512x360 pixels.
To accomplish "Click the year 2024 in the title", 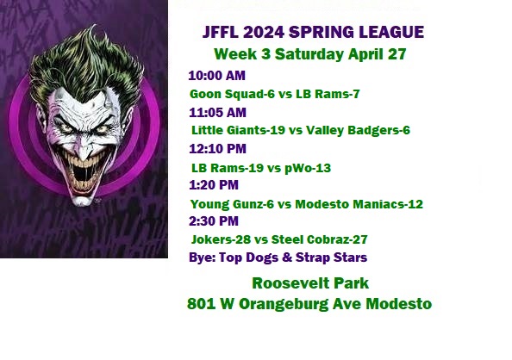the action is pyautogui.click(x=264, y=33).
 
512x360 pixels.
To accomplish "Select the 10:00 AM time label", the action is pyautogui.click(x=217, y=76).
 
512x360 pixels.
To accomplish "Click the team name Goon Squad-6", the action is pyautogui.click(x=232, y=95).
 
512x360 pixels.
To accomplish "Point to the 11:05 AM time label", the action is pyautogui.click(x=217, y=113).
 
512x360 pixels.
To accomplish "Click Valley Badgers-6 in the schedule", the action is pyautogui.click(x=358, y=131).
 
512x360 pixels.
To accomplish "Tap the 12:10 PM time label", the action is pyautogui.click(x=217, y=149).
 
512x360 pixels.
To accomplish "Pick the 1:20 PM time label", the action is pyautogui.click(x=214, y=185).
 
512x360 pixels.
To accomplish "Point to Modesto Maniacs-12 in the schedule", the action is pyautogui.click(x=359, y=204).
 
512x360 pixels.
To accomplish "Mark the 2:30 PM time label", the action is pyautogui.click(x=214, y=221).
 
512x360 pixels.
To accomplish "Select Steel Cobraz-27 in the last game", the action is pyautogui.click(x=319, y=239).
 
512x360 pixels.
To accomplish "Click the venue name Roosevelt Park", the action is pyautogui.click(x=310, y=283).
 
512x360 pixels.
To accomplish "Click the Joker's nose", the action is pyautogui.click(x=84, y=151).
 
